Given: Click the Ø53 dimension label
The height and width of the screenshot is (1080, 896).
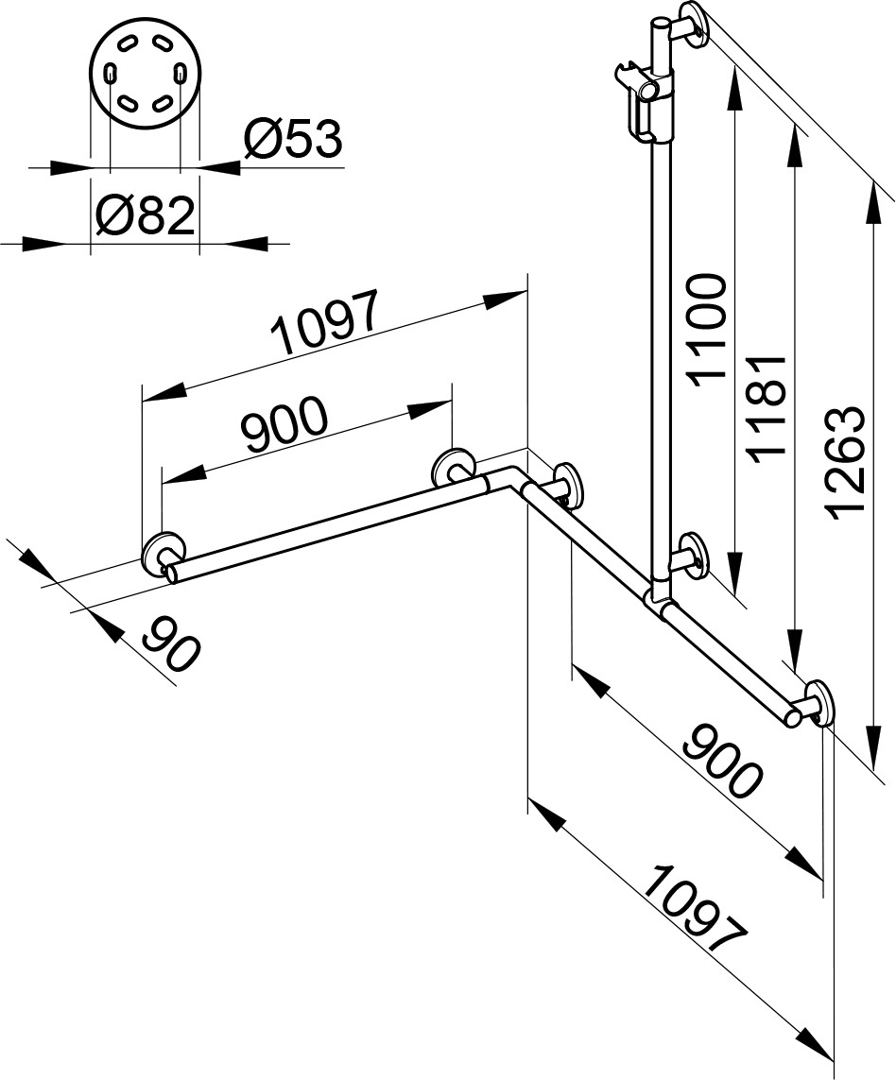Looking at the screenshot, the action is (x=293, y=139).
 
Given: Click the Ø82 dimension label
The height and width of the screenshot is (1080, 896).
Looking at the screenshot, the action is (x=146, y=215).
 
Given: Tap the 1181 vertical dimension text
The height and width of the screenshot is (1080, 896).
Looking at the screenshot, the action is (x=767, y=410).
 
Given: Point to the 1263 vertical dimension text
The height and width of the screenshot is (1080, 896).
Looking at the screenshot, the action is (x=844, y=463).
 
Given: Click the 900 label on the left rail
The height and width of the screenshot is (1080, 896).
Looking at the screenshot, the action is (x=284, y=423).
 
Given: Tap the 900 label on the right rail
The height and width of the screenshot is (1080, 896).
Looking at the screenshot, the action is (x=722, y=760).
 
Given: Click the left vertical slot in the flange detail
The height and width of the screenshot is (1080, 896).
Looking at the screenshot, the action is (x=111, y=73).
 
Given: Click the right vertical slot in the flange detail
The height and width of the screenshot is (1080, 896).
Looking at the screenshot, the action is (x=180, y=73).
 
